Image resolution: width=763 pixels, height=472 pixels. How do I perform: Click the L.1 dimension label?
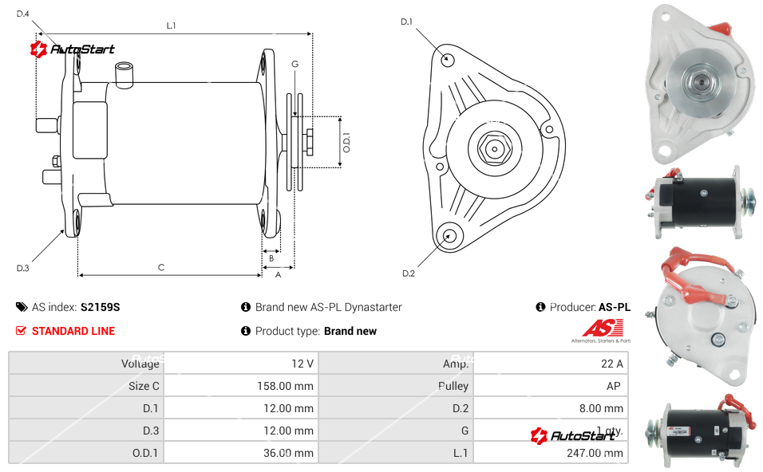pyautogui.click(x=171, y=26)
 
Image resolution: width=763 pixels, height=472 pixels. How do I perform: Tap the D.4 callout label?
pyautogui.click(x=22, y=14)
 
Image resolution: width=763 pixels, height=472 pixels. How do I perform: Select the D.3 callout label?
pyautogui.click(x=22, y=268)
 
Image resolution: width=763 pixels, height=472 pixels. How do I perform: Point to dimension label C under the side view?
pyautogui.click(x=161, y=267)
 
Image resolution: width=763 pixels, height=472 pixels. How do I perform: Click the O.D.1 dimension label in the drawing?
pyautogui.click(x=346, y=143)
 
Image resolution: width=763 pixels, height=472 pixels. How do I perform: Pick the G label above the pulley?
pyautogui.click(x=295, y=64)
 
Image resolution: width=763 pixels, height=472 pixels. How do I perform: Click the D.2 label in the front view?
pyautogui.click(x=408, y=273)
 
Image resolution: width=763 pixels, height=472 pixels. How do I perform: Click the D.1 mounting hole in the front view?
pyautogui.click(x=448, y=59)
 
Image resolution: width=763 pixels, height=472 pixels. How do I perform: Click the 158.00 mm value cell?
pyautogui.click(x=239, y=386)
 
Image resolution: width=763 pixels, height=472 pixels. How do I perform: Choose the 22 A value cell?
pyautogui.click(x=550, y=364)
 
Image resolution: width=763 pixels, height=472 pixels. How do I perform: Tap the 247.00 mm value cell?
pyautogui.click(x=550, y=453)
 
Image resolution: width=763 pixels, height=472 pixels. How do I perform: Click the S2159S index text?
pyautogui.click(x=100, y=307)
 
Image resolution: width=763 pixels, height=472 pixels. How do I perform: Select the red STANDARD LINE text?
pyautogui.click(x=73, y=331)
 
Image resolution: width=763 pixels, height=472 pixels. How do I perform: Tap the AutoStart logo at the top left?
pyautogui.click(x=73, y=49)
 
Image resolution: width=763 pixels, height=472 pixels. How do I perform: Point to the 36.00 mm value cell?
pyautogui.click(x=239, y=453)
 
